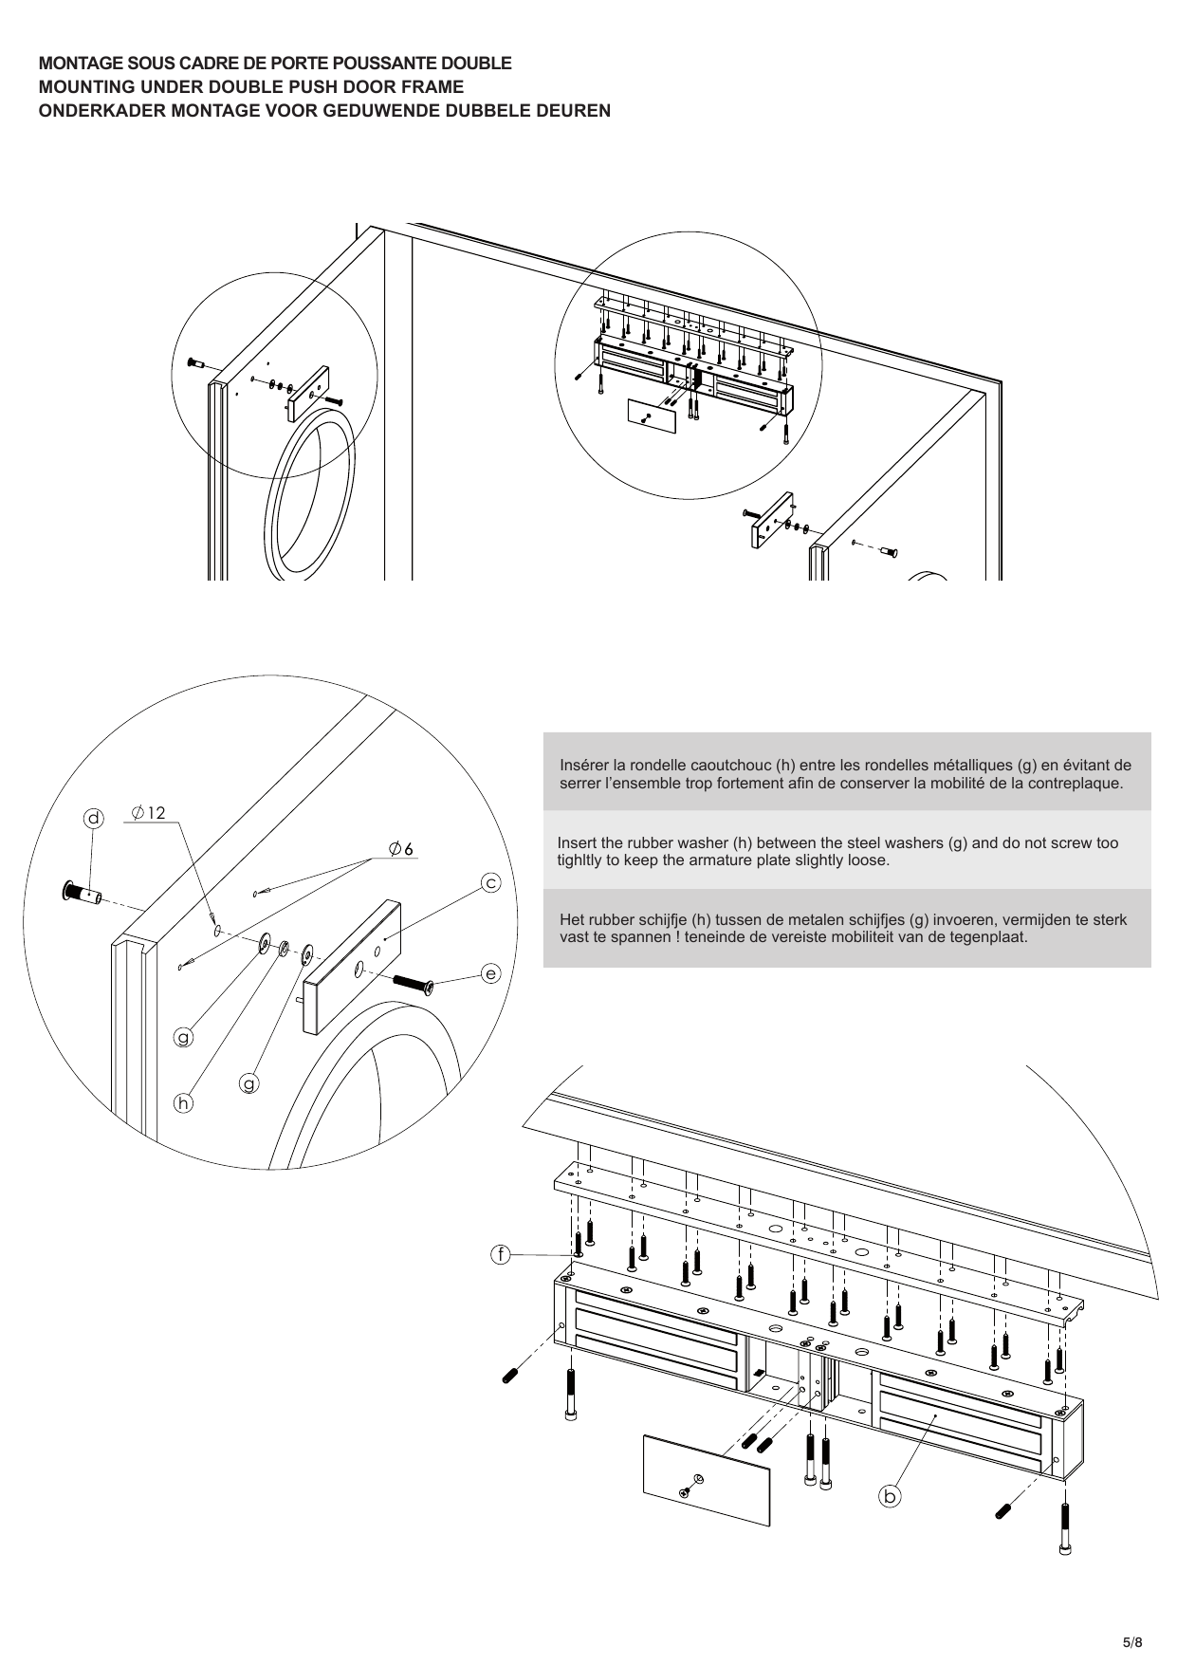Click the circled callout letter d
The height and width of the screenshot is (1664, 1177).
(x=93, y=819)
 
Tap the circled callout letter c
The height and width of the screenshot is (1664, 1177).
(x=490, y=883)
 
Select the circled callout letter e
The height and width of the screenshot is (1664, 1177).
(x=490, y=973)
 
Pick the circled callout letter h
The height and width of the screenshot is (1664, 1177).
(x=183, y=1103)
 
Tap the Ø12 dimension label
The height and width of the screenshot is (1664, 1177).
(x=149, y=813)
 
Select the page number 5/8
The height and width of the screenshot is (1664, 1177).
(x=1133, y=1615)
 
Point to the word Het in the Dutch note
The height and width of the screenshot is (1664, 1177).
(x=571, y=919)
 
